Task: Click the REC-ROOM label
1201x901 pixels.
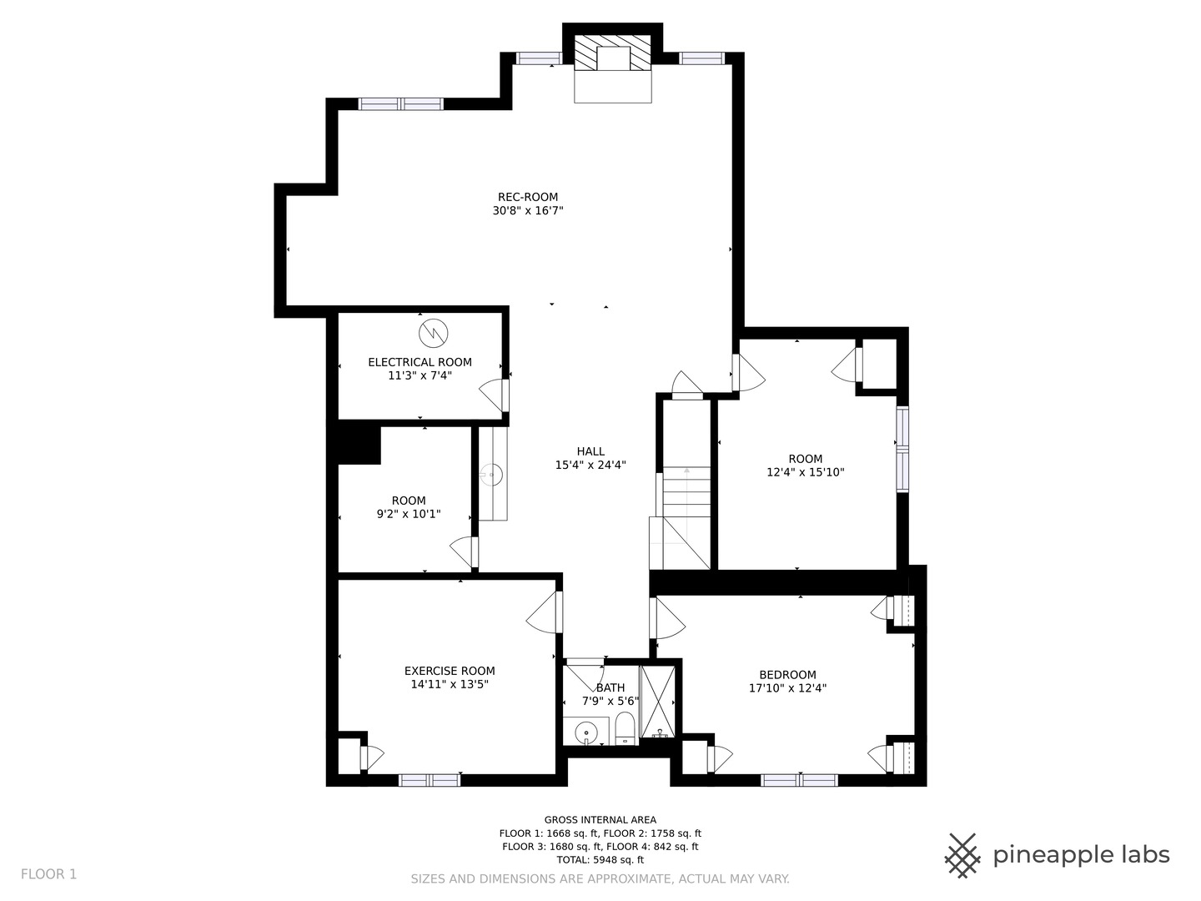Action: click(x=527, y=197)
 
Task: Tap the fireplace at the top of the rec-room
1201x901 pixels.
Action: click(x=613, y=67)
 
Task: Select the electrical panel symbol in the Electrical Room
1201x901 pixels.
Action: click(x=433, y=334)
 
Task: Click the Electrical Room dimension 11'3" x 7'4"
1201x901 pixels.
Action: click(x=420, y=375)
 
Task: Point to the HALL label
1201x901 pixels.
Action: click(x=590, y=451)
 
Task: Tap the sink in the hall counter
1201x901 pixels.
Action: click(x=492, y=476)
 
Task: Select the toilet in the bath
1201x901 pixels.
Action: click(x=625, y=727)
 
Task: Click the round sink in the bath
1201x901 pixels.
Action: click(x=586, y=732)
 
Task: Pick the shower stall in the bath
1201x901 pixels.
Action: click(x=659, y=702)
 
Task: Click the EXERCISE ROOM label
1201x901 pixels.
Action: click(x=450, y=671)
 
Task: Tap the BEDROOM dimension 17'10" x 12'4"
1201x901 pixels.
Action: click(x=787, y=688)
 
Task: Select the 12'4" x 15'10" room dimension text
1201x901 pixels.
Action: click(x=805, y=472)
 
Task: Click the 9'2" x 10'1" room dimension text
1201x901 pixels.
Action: click(x=409, y=514)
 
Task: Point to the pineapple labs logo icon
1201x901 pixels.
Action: click(x=962, y=855)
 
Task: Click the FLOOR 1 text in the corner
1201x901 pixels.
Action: click(x=48, y=874)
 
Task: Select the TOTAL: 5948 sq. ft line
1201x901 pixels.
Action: click(x=600, y=859)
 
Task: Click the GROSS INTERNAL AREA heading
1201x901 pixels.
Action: click(x=600, y=820)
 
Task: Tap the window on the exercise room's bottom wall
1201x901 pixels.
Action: click(x=429, y=780)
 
